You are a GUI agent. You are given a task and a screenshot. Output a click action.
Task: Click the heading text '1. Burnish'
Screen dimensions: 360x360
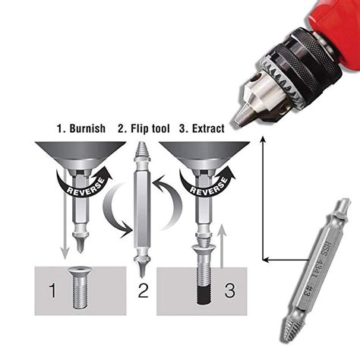[81, 128]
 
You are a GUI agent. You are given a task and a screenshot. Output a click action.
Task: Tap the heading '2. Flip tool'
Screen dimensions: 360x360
[144, 128]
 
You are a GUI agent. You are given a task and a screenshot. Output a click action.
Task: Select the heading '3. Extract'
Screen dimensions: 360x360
[202, 128]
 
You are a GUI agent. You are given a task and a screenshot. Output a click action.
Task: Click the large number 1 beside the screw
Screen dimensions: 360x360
[52, 290]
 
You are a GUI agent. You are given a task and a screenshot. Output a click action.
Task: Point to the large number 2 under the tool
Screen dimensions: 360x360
[143, 290]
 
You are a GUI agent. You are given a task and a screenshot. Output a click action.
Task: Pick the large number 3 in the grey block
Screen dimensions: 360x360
[229, 290]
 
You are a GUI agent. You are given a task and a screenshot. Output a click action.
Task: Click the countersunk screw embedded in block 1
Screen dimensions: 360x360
[81, 287]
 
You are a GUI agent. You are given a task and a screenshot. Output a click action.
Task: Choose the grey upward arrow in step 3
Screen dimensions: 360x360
[222, 245]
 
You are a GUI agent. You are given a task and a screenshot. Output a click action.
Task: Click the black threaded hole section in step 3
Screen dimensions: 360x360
[204, 295]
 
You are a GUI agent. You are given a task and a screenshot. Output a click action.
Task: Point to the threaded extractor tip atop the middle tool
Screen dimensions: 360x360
[141, 150]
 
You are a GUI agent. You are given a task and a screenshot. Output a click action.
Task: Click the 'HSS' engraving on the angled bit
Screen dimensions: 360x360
[327, 249]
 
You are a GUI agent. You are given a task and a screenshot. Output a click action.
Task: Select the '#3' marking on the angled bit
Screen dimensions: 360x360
[308, 291]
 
